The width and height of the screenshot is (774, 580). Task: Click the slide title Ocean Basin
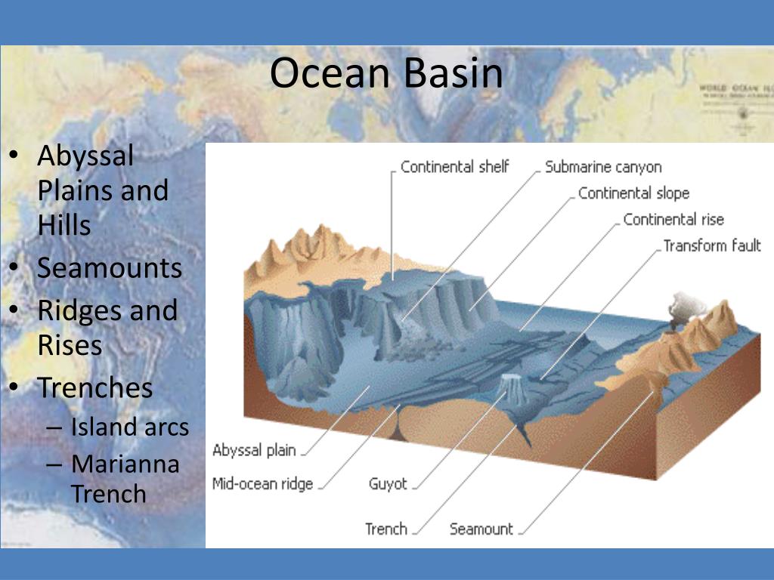[386, 74]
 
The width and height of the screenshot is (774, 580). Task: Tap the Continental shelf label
[454, 167]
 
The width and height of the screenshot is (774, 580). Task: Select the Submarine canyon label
[603, 167]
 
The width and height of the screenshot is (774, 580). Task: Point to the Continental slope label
[633, 193]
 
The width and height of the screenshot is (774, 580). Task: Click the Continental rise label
[673, 220]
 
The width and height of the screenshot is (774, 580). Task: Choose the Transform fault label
[711, 246]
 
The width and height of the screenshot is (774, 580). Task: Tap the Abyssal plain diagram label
[254, 451]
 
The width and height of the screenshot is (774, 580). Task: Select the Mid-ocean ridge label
[262, 484]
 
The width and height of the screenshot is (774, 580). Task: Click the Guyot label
[388, 484]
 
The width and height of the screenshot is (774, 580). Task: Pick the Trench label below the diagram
[385, 529]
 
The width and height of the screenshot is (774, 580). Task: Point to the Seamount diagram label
[481, 529]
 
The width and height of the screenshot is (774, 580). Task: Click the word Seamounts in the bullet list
[110, 268]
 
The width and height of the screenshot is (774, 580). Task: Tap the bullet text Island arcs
[129, 427]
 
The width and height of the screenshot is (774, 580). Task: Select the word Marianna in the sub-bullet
[125, 463]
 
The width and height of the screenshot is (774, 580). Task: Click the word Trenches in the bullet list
[95, 387]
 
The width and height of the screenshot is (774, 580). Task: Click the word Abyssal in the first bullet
[85, 156]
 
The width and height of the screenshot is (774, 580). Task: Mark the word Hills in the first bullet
[64, 225]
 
